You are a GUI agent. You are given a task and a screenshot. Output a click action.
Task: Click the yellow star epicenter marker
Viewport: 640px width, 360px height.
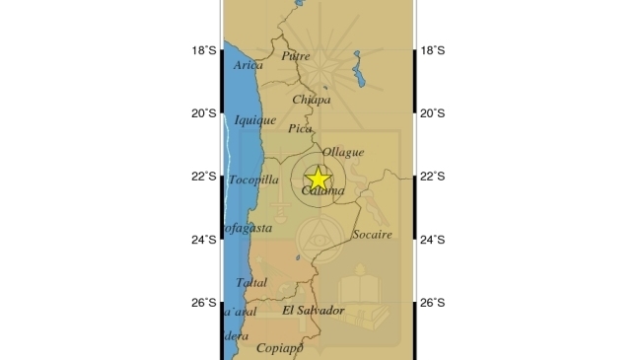[318, 180]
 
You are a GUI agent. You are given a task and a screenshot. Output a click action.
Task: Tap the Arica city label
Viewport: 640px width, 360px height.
[249, 66]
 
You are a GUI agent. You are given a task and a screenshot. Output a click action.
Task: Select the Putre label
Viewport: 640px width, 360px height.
[296, 56]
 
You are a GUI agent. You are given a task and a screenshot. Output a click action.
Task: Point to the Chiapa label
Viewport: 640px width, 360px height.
[311, 100]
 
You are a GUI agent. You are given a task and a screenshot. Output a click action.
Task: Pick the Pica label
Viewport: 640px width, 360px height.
[300, 128]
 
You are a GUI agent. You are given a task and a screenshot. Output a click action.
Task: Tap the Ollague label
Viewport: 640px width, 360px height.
[343, 153]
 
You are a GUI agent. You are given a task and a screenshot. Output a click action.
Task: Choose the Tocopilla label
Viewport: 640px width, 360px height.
[254, 180]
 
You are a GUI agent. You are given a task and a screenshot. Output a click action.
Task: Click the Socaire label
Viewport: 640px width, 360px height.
[372, 235]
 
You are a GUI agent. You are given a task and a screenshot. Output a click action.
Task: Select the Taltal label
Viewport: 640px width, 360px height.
[251, 282]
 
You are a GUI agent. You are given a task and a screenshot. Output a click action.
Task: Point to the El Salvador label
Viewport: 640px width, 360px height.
[313, 311]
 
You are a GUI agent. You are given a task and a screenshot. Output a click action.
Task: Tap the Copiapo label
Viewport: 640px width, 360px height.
[278, 347]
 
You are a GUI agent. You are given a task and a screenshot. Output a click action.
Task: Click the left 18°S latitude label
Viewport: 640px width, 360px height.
[204, 50]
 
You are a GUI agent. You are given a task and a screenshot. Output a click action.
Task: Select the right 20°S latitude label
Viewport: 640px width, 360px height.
[433, 113]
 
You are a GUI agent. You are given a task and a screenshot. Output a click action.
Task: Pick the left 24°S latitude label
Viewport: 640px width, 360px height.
[204, 240]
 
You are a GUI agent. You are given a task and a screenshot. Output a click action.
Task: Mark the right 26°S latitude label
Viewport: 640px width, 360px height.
[433, 303]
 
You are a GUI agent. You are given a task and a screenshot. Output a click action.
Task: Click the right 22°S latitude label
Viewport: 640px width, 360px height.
[433, 177]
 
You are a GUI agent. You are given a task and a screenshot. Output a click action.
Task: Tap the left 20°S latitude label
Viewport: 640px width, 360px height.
[204, 113]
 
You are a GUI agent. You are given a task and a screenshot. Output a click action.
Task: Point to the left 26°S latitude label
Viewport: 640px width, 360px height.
[204, 303]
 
